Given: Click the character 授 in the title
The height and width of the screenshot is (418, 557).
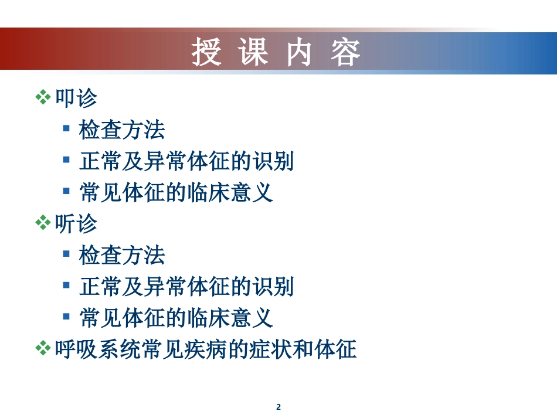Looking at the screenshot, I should (x=207, y=52).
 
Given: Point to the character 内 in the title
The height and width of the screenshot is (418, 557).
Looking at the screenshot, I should (x=299, y=52).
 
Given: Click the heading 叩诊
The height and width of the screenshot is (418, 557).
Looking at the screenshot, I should (x=76, y=98).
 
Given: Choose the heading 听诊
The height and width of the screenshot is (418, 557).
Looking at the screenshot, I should (x=76, y=223).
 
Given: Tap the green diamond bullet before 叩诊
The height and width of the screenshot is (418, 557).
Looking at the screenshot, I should (x=43, y=98).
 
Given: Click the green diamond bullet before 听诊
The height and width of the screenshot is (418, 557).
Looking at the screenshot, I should (x=43, y=223).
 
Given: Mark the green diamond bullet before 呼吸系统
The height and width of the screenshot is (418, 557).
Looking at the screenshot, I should (x=43, y=350).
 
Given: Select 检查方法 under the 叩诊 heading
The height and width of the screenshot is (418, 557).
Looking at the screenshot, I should (x=122, y=130).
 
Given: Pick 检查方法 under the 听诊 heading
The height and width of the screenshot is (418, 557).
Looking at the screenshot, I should (x=122, y=255).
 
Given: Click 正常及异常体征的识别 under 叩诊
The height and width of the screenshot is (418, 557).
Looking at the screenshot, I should (x=186, y=161).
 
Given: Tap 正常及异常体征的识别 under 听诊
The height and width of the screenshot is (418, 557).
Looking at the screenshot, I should (x=186, y=287).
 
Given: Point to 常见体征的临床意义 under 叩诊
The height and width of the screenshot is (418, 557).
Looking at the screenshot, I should (x=176, y=192).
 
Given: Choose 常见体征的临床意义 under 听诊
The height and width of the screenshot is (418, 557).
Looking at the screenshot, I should (x=176, y=318).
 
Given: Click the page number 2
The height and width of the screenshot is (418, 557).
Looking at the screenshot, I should (x=278, y=407).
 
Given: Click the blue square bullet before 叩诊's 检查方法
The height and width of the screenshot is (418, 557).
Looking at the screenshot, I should (x=67, y=128).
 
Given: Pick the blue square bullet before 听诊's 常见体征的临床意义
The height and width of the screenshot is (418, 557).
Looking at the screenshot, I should (x=67, y=317).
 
